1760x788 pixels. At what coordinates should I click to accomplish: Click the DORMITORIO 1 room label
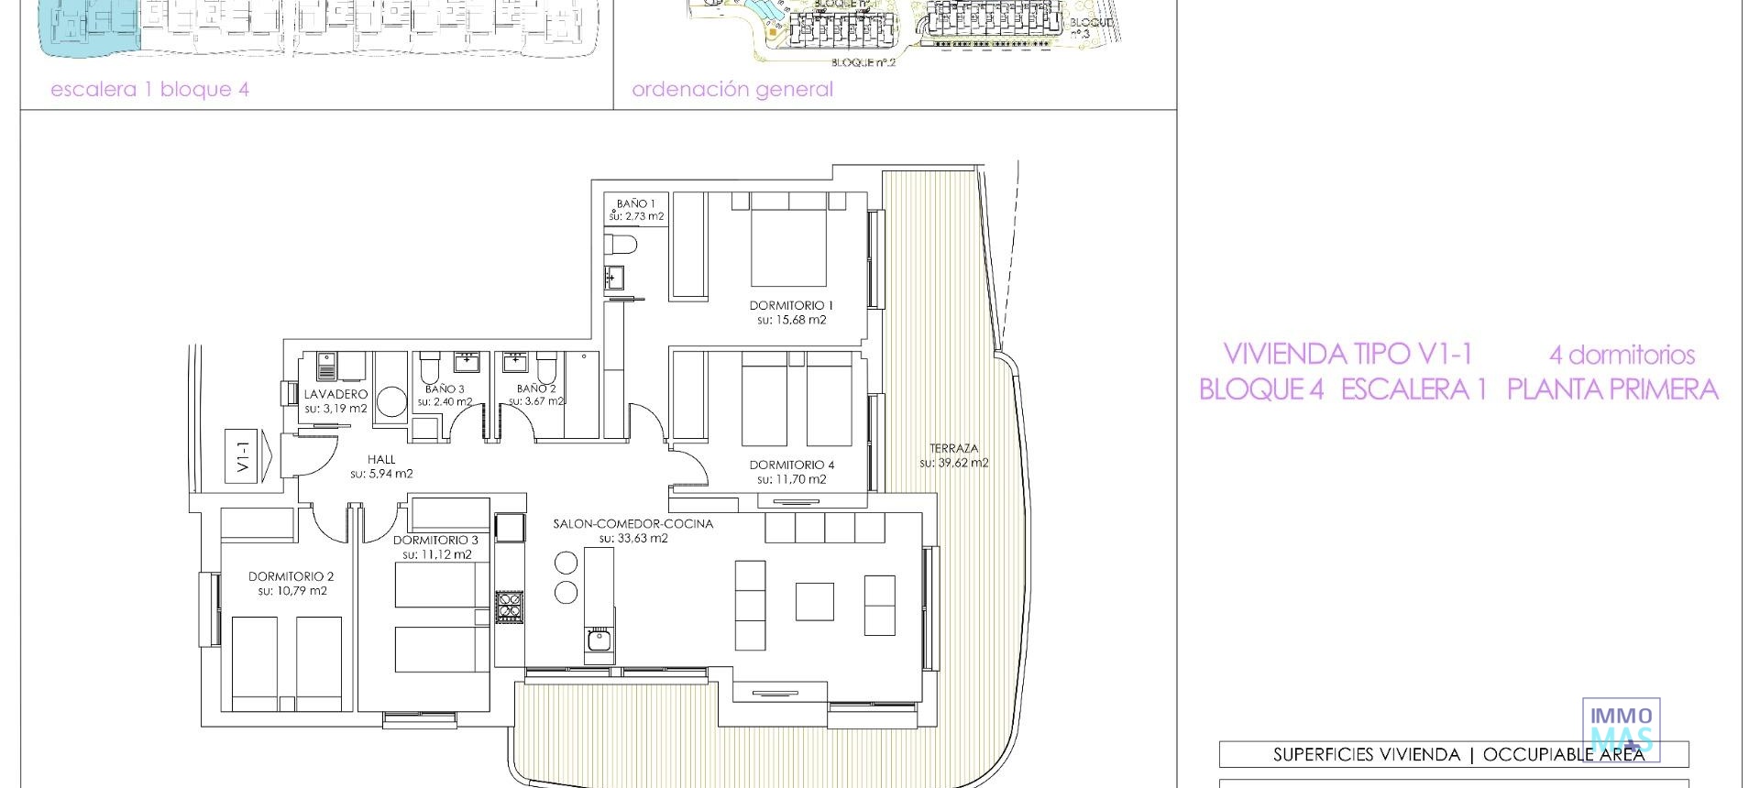pos(791,305)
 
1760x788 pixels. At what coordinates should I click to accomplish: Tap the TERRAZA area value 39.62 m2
pos(953,463)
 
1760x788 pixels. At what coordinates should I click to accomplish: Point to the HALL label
pos(381,459)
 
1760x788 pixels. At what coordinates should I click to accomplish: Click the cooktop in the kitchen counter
pos(509,607)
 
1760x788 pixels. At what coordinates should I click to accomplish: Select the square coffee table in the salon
pos(814,602)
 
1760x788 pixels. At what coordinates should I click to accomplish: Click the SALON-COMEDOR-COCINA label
pos(632,524)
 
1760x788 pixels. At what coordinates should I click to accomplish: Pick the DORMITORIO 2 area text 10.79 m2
pos(291,591)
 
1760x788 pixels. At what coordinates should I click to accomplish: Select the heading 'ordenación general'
pos(731,90)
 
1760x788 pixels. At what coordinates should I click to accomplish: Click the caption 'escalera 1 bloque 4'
pos(149,90)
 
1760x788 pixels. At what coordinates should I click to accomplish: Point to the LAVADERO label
pos(335,394)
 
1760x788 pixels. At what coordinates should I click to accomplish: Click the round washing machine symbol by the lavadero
pos(391,402)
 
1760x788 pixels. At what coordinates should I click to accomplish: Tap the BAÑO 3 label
pos(445,389)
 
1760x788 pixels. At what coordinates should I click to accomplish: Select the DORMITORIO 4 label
pos(791,465)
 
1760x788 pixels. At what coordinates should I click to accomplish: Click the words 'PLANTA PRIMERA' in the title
pos(1611,390)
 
